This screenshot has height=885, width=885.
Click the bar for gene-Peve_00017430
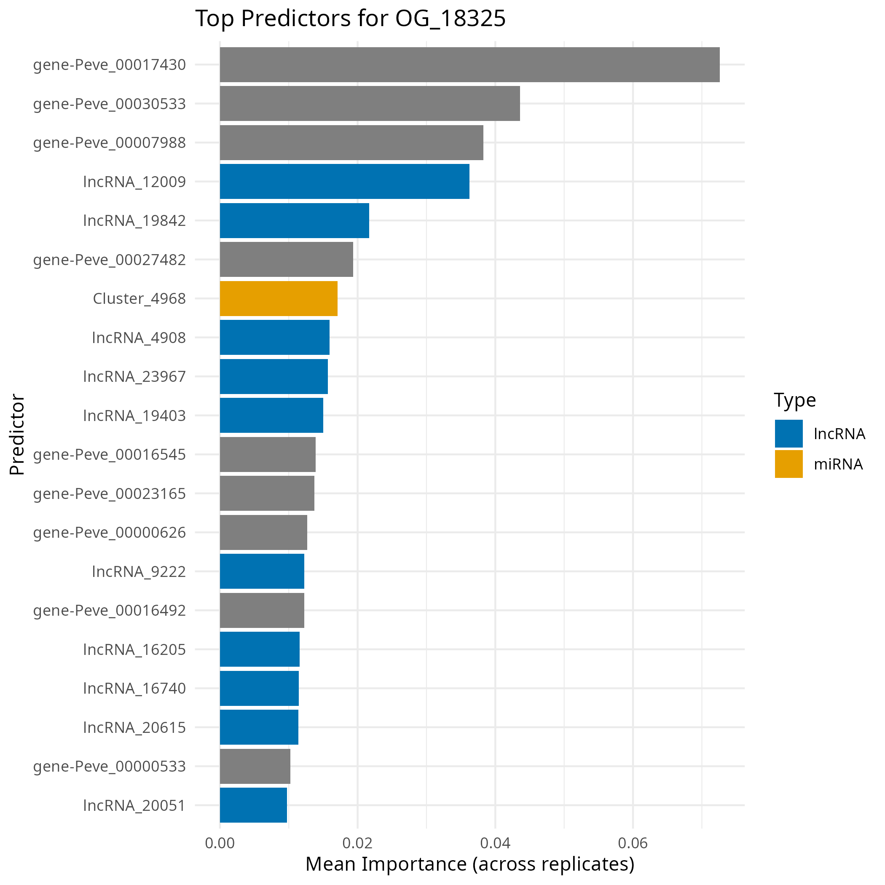tap(469, 64)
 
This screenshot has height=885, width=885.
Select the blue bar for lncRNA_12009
tap(344, 181)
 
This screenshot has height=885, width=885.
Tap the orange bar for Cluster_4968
tap(279, 299)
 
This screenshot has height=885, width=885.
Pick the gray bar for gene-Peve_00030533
tap(370, 104)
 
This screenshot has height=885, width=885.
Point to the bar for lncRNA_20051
tap(253, 805)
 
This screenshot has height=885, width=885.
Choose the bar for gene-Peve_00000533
tap(255, 766)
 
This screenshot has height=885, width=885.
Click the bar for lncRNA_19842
tap(294, 220)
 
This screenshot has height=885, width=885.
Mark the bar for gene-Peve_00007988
tap(351, 142)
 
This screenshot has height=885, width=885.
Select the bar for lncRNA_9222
tap(262, 571)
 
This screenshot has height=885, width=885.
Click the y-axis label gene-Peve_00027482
tap(110, 260)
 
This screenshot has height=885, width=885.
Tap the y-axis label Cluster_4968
tap(139, 299)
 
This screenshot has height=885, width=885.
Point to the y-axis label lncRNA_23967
tap(135, 376)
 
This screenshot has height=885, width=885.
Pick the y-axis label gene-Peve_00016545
tap(110, 454)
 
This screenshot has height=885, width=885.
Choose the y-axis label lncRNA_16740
tap(135, 688)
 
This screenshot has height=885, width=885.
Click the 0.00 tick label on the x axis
tap(220, 843)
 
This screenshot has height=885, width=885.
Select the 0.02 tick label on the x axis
tap(357, 843)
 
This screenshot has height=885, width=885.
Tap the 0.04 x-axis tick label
tap(495, 843)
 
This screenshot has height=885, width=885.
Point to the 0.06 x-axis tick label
tap(633, 843)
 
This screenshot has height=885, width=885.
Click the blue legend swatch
tap(789, 433)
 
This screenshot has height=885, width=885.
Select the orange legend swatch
tap(789, 464)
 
